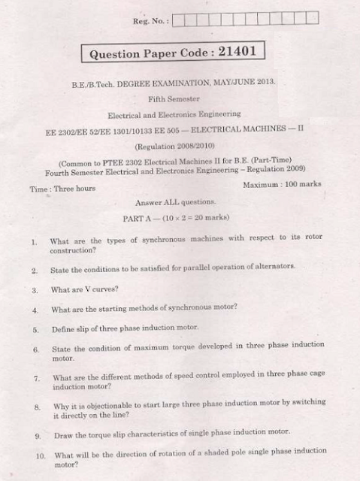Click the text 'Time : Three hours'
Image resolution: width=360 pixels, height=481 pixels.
coord(63,189)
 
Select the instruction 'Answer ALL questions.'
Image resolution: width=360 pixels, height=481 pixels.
coord(175,203)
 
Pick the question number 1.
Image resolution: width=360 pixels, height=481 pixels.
coord(35,243)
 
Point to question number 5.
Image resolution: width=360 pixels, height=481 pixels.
coord(35,330)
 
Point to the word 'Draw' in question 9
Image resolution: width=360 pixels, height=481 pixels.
coord(65,436)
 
